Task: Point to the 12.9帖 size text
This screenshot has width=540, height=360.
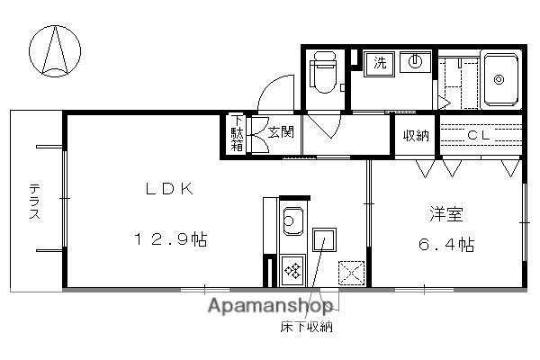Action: tap(173, 240)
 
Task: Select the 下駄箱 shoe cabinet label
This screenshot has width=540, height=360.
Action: tap(237, 134)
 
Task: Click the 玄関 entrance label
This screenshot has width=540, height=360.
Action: tap(274, 132)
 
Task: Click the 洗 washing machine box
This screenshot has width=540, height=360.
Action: tap(380, 63)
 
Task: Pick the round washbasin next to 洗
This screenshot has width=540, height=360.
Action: tap(415, 63)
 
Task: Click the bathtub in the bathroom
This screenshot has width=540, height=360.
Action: tap(502, 78)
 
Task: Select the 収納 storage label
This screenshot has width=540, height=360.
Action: tap(415, 135)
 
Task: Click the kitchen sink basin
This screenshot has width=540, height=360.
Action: tap(292, 219)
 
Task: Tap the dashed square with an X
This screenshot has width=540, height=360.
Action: tap(351, 271)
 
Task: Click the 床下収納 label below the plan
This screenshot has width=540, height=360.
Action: tap(306, 328)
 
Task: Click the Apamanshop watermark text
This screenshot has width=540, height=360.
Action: tap(269, 307)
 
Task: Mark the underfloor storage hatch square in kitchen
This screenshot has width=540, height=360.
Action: tap(324, 240)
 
